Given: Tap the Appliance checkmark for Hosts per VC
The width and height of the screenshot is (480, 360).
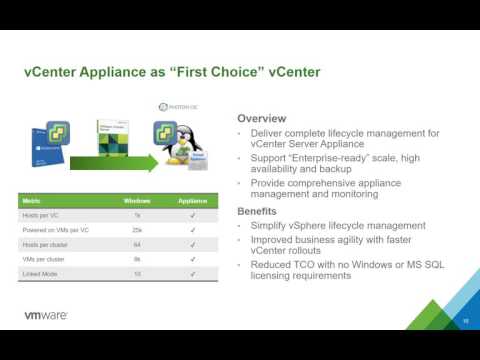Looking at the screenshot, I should click(x=191, y=215).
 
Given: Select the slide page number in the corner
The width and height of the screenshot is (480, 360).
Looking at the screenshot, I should click(x=465, y=320).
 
